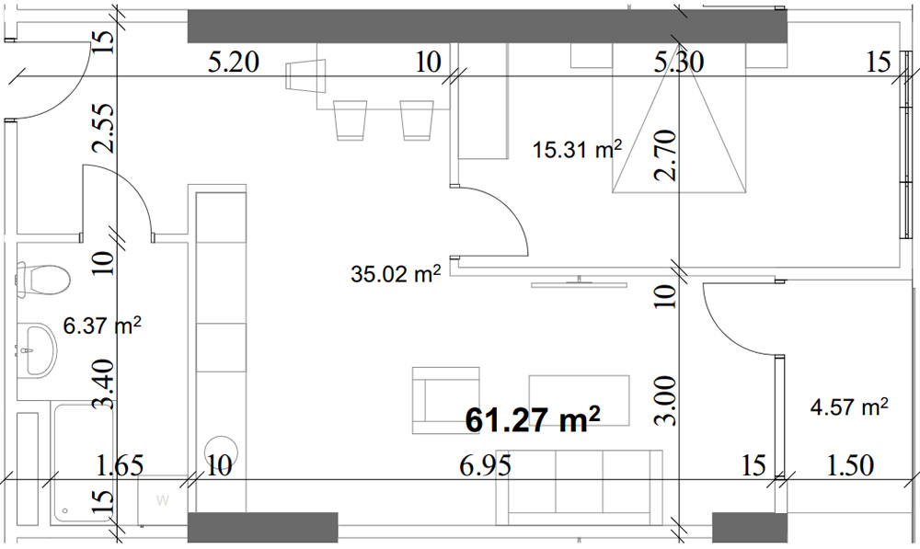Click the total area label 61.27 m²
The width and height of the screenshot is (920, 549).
533,418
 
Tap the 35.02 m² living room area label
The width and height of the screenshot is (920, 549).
396,273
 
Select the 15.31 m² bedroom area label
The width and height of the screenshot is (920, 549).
578,149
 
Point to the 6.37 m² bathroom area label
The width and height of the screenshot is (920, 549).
102,326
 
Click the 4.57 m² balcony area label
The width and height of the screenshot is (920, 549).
849,406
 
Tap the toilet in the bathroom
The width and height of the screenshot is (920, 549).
44,280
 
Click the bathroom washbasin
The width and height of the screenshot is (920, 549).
37,350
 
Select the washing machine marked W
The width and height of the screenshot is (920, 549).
163,500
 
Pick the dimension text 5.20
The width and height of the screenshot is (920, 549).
234,62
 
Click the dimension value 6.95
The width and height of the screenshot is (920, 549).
485,466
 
